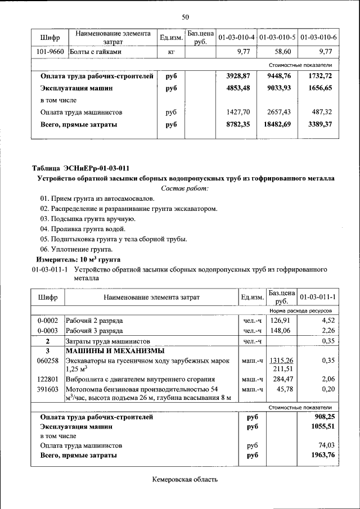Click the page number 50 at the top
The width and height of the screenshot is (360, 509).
[185, 17]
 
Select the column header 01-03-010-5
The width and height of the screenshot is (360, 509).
[277, 38]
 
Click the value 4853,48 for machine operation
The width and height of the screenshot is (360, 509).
[237, 88]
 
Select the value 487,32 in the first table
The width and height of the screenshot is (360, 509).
[321, 112]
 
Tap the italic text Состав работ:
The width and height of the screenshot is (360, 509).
[184, 188]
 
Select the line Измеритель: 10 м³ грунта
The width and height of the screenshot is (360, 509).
[78, 259]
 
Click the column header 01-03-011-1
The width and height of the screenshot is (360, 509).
[318, 297]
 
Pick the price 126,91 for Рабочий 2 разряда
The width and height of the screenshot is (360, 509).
[282, 321]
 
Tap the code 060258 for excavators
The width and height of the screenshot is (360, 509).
[48, 360]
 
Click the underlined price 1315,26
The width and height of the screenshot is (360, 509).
[282, 360]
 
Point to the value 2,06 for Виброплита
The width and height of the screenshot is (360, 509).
[327, 380]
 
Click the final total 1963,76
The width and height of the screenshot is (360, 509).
[322, 455]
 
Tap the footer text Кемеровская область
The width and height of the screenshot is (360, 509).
[184, 479]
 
